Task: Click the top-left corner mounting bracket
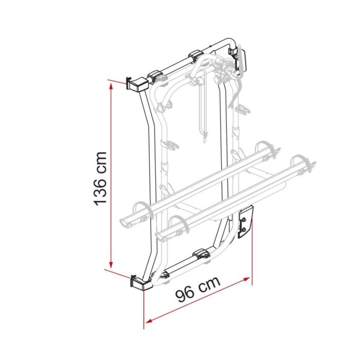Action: click(x=136, y=83)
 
